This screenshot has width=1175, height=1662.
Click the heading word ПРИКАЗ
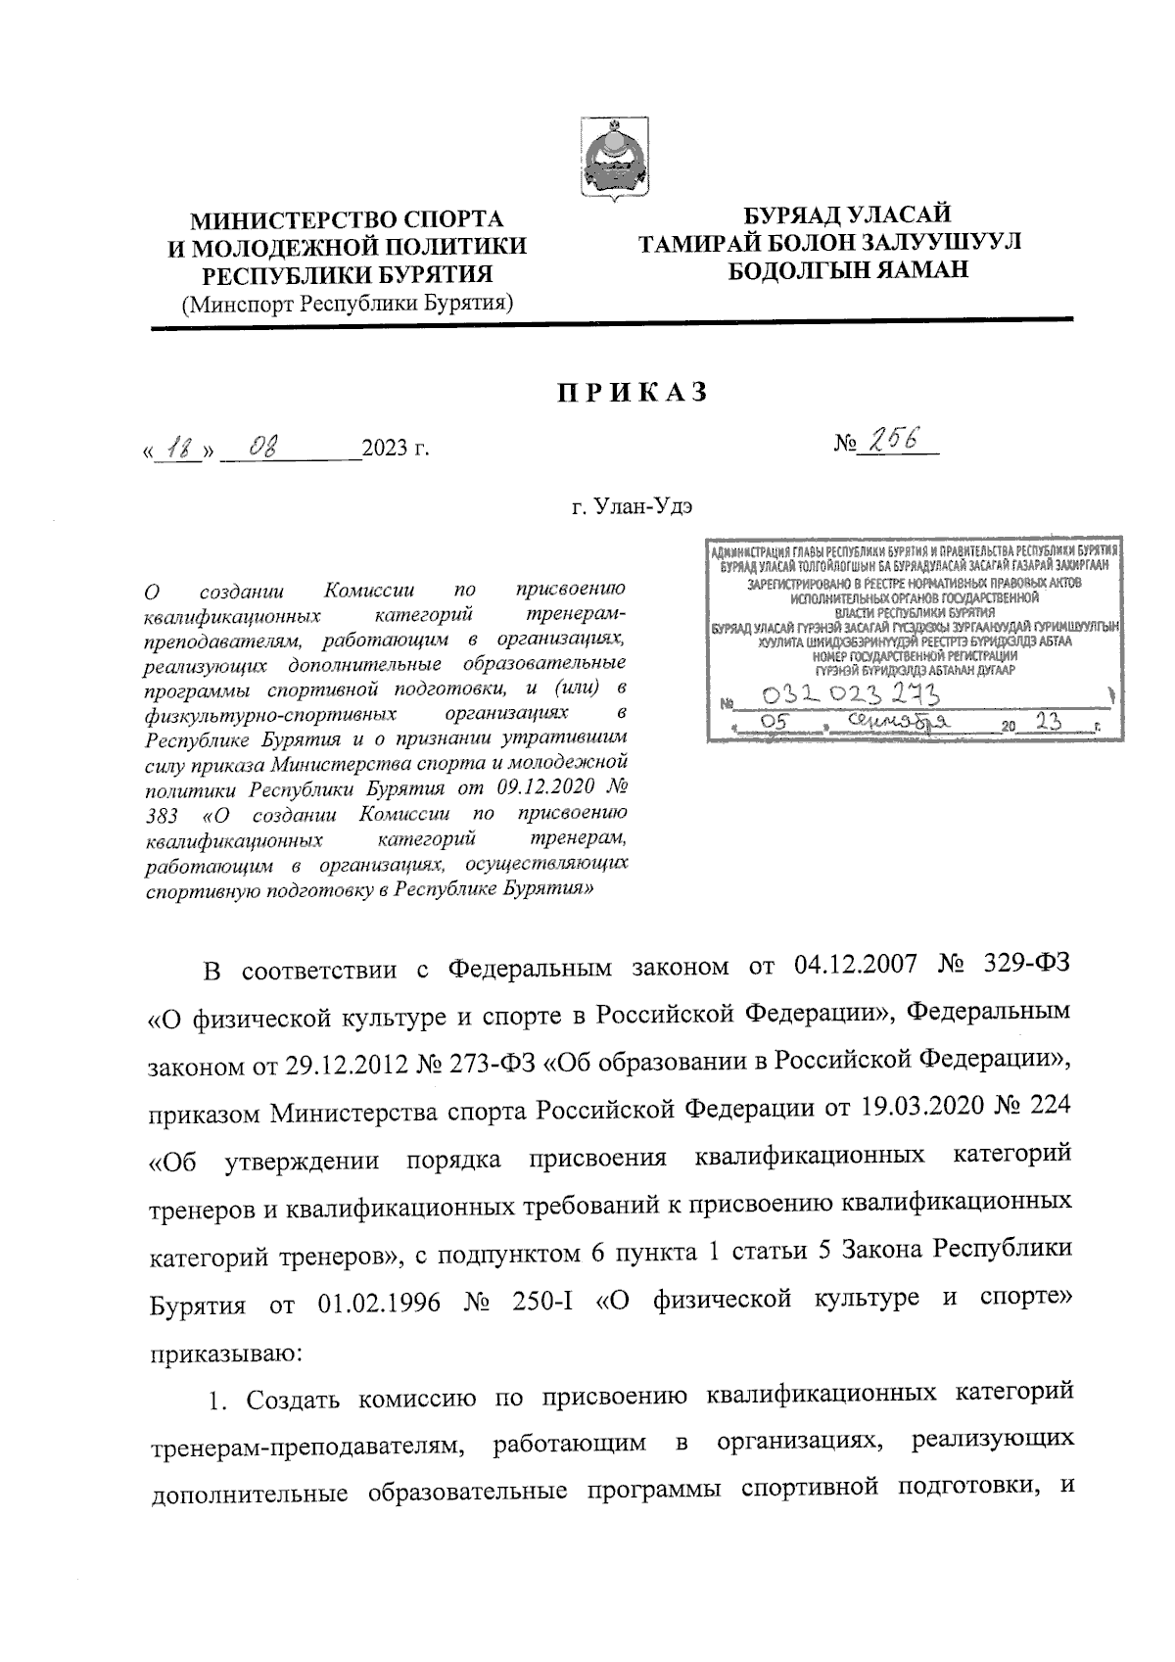click(x=632, y=394)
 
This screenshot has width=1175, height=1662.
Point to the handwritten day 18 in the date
click(x=179, y=449)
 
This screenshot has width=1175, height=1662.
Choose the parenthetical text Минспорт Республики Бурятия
click(x=349, y=303)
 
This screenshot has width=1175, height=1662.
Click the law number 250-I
click(x=538, y=1300)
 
